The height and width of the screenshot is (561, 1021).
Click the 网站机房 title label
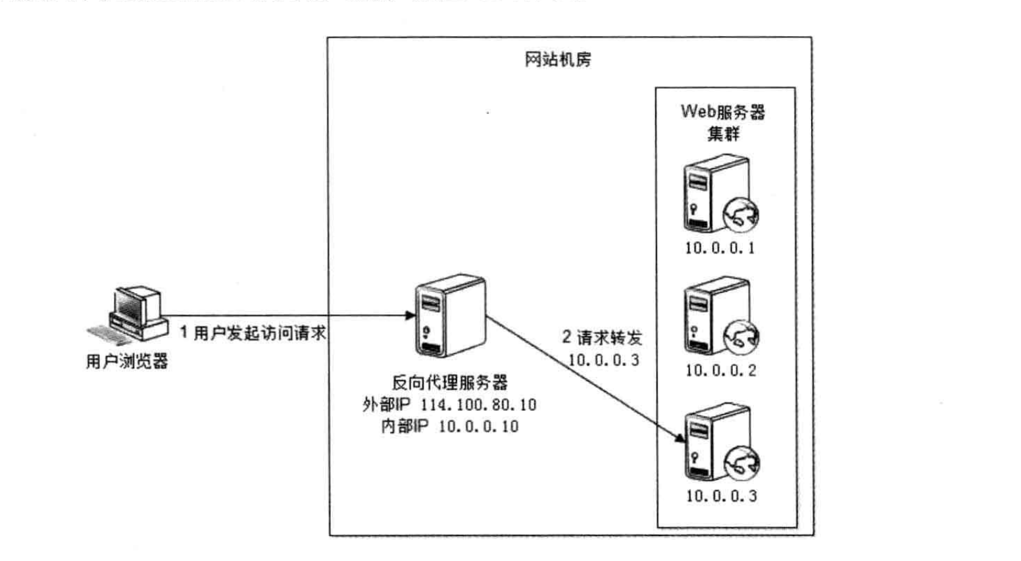tap(557, 60)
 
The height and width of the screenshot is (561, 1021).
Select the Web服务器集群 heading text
tap(723, 122)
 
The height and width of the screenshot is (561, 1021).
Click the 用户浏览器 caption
tap(127, 361)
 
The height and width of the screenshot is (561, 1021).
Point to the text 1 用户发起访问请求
tap(253, 333)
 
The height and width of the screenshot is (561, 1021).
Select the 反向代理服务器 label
tap(449, 383)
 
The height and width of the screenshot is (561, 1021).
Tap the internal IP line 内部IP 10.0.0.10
tap(449, 427)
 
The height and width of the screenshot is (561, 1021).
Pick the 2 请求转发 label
tap(602, 338)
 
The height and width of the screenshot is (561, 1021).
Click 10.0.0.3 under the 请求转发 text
tap(603, 360)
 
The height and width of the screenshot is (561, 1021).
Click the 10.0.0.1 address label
tap(720, 248)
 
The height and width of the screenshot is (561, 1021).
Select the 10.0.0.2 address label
tap(720, 371)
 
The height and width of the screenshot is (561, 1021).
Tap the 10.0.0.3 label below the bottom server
tap(721, 496)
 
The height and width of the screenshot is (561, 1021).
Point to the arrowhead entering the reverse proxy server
tap(410, 315)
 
